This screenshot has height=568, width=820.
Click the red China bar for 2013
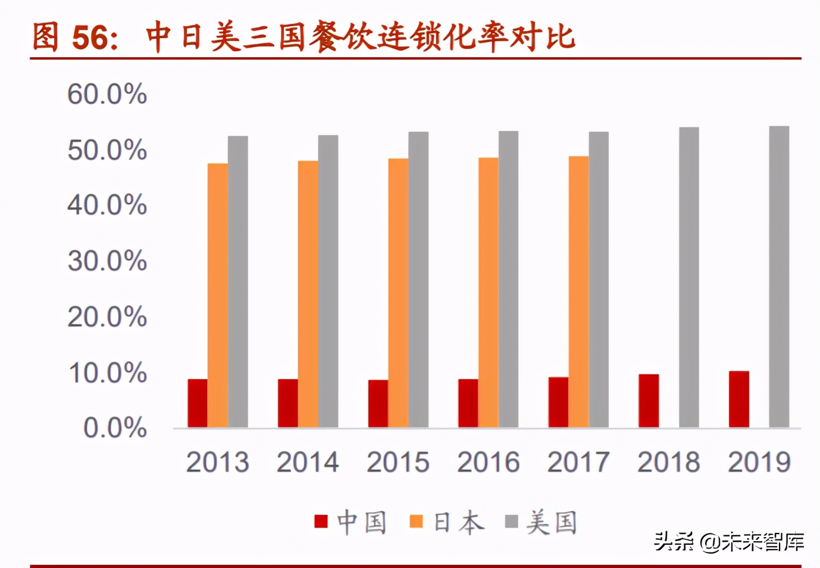[198, 403]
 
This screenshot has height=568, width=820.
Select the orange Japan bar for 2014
[308, 294]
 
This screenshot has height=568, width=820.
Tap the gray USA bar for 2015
[418, 279]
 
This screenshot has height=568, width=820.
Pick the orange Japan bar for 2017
[578, 292]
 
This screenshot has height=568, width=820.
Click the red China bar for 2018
[649, 401]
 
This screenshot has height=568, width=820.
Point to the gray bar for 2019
[779, 277]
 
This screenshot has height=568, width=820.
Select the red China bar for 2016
[468, 403]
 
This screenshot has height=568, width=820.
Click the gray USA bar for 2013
[238, 282]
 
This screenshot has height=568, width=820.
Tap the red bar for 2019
[738, 399]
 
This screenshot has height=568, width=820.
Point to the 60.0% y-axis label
[107, 94]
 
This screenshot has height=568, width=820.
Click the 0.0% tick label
[115, 428]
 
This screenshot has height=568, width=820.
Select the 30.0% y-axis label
[107, 261]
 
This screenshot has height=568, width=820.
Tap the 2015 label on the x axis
[398, 462]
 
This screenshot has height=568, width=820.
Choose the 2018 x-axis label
[668, 462]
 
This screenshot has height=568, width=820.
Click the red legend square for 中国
[321, 522]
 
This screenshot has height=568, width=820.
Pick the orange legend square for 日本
[417, 522]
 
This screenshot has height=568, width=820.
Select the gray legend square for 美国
[511, 522]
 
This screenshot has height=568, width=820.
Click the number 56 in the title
[90, 37]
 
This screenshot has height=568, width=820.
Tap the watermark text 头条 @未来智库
[729, 541]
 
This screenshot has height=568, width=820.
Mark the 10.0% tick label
[107, 373]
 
